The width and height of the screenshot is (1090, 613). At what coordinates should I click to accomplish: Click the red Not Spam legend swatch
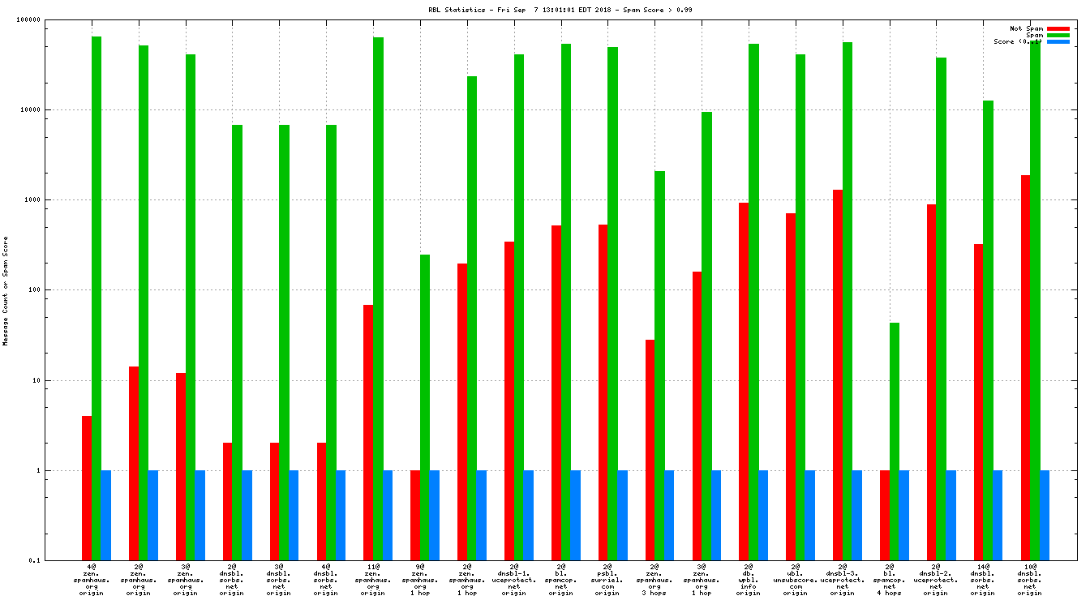[x=1058, y=28]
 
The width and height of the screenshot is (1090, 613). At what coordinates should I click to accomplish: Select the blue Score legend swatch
[x=1058, y=41]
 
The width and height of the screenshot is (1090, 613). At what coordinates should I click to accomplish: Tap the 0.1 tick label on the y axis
[x=57, y=560]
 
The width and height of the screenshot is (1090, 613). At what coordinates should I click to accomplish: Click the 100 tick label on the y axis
[x=55, y=290]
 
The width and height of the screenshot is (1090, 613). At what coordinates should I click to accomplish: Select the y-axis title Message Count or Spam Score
[x=6, y=291]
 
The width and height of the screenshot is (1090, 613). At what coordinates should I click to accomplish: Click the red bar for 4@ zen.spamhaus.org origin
[x=87, y=487]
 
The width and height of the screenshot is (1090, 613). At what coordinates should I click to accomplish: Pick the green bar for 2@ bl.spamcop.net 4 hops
[x=895, y=441]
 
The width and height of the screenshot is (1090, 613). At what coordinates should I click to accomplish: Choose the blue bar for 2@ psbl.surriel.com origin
[x=622, y=515]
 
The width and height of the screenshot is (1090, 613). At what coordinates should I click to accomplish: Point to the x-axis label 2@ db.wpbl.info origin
[x=748, y=580]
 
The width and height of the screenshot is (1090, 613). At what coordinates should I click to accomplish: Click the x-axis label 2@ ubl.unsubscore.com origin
[x=795, y=580]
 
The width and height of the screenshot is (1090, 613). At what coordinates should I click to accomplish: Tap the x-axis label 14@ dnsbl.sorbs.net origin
[x=982, y=580]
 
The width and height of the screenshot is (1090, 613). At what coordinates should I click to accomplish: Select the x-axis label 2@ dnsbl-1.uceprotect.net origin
[x=513, y=580]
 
